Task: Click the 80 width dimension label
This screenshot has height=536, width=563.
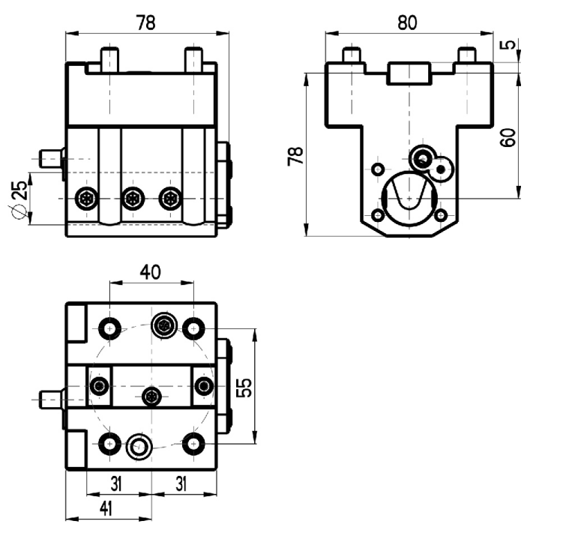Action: click(407, 22)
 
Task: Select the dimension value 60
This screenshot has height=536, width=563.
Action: click(508, 136)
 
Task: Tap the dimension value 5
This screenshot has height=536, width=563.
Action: click(508, 44)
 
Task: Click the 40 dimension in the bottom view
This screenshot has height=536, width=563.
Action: click(150, 272)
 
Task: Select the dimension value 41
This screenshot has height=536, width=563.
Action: click(106, 508)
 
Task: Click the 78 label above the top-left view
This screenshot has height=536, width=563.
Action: click(146, 22)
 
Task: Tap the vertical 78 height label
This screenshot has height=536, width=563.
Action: click(295, 156)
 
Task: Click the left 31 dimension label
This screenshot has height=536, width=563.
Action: click(116, 484)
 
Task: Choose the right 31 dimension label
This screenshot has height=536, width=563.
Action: click(181, 484)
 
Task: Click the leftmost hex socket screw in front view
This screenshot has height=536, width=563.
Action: click(86, 198)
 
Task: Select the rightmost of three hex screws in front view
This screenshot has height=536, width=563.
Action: click(170, 198)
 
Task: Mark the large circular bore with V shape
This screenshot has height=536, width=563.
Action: click(409, 198)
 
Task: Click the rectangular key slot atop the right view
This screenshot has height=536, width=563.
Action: click(409, 73)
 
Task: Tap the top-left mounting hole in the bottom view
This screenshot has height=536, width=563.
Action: click(109, 328)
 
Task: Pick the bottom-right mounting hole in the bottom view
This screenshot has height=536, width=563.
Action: click(193, 444)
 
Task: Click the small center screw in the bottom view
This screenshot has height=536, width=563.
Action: click(151, 397)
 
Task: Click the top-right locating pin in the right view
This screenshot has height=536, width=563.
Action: click(467, 55)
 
